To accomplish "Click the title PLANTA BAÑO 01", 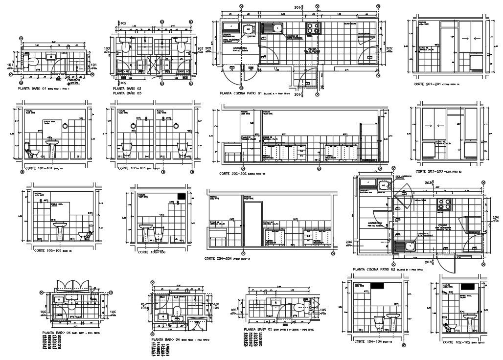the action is click(32, 90).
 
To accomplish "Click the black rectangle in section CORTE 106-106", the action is click(181, 195).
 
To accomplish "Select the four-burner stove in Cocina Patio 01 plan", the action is click(312, 29).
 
